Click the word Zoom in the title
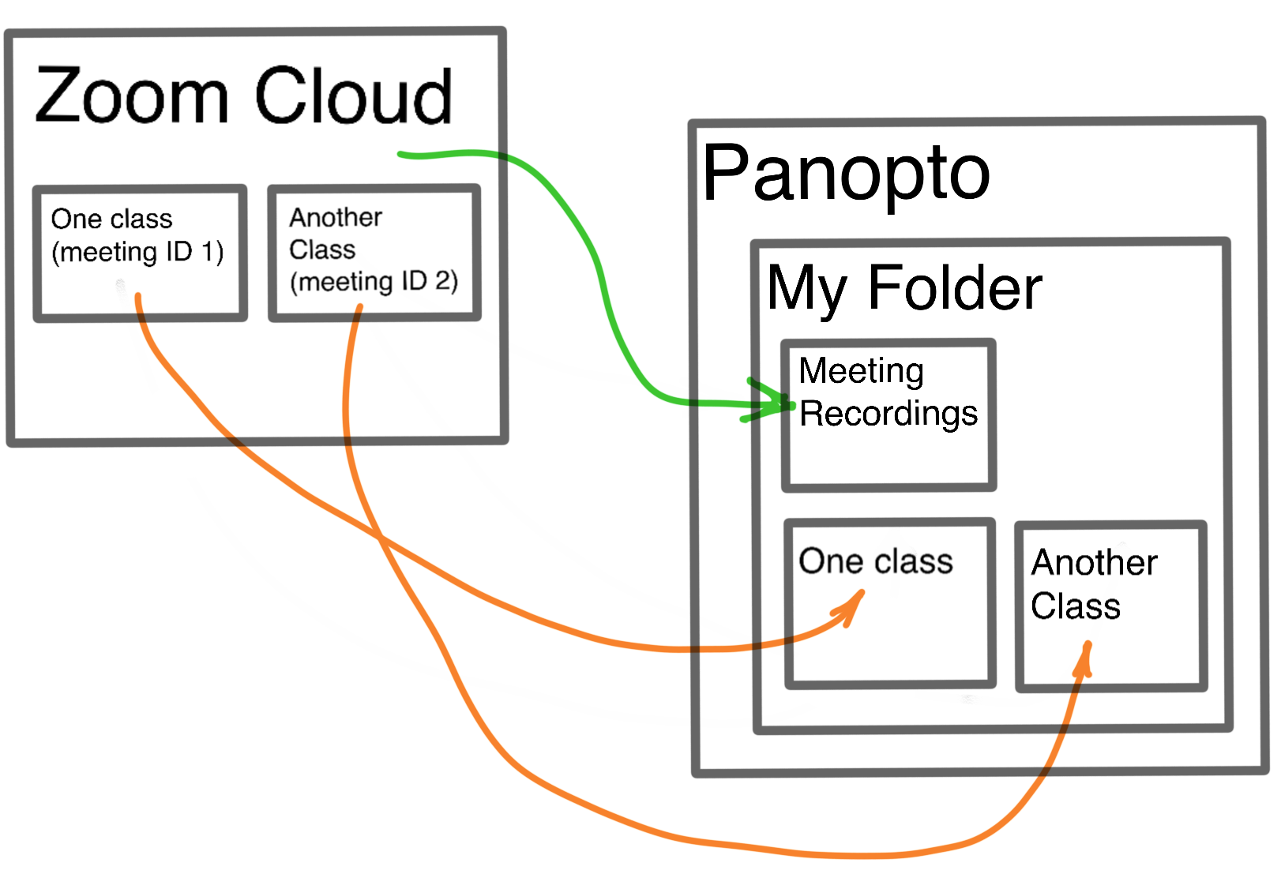pyautogui.click(x=132, y=96)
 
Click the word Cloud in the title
pyautogui.click(x=353, y=96)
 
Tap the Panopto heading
pyautogui.click(x=846, y=174)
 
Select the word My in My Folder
pyautogui.click(x=806, y=289)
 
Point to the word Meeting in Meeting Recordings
pyautogui.click(x=861, y=370)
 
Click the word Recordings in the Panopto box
pyautogui.click(x=888, y=414)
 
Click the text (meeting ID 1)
pyautogui.click(x=137, y=252)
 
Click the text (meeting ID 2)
pyautogui.click(x=374, y=281)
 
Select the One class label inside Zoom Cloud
pyautogui.click(x=111, y=219)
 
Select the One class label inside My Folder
pyautogui.click(x=875, y=561)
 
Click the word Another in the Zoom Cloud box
pyautogui.click(x=336, y=217)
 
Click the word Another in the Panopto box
pyautogui.click(x=1094, y=563)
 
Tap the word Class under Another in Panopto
pyautogui.click(x=1075, y=606)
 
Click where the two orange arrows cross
pyautogui.click(x=381, y=538)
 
